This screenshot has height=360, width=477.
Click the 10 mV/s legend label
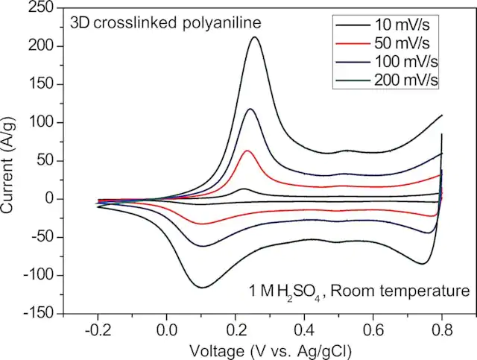[x=402, y=25]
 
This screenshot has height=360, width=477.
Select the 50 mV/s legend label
[x=402, y=43]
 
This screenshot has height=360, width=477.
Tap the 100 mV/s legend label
[x=406, y=62]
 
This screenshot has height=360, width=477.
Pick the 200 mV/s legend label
[x=406, y=80]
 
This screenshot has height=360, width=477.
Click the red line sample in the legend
[x=353, y=44]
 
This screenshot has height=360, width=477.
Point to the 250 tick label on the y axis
[x=41, y=7]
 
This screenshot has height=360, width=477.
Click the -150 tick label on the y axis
[x=37, y=313]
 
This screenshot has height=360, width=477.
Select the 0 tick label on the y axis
[x=50, y=199]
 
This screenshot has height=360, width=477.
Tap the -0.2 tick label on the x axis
[x=98, y=331]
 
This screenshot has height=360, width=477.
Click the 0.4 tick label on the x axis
[x=304, y=331]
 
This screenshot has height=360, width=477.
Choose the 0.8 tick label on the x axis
[x=442, y=331]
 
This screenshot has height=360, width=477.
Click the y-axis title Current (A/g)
[x=7, y=165]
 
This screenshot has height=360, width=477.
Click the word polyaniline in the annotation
[x=222, y=23]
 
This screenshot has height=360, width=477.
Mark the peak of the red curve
[x=247, y=151]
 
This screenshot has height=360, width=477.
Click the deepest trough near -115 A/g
[x=203, y=287]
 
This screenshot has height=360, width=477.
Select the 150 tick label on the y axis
[x=41, y=84]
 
